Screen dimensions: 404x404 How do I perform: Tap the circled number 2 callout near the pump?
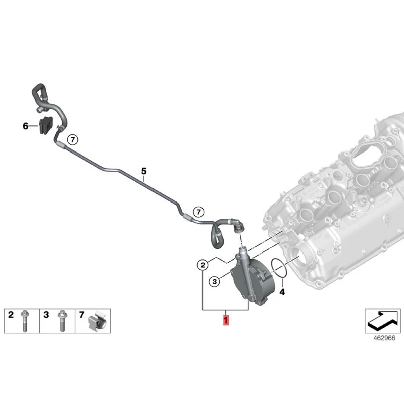(202, 265)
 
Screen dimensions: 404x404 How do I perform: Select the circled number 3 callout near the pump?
(214, 282)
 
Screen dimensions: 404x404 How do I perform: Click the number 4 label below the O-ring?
(282, 292)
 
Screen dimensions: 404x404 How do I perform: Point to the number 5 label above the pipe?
(143, 172)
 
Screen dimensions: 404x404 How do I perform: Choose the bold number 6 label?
(26, 126)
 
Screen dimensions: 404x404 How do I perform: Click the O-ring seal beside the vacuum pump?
(278, 269)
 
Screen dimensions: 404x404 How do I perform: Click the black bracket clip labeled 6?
(46, 126)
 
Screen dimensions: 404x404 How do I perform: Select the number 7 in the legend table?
(82, 315)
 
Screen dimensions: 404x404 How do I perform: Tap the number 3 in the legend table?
(46, 315)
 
